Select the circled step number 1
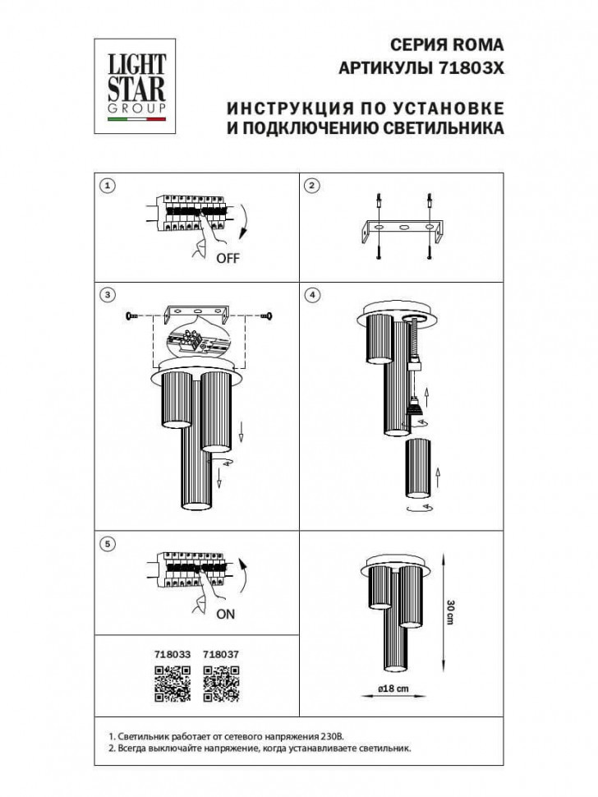(106, 185)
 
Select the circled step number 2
(311, 185)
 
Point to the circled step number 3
(106, 294)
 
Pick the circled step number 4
(311, 294)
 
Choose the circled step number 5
(106, 542)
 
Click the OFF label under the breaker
(228, 258)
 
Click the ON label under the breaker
(226, 613)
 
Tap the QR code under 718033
(172, 684)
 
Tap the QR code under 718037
(220, 684)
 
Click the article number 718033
(172, 654)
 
